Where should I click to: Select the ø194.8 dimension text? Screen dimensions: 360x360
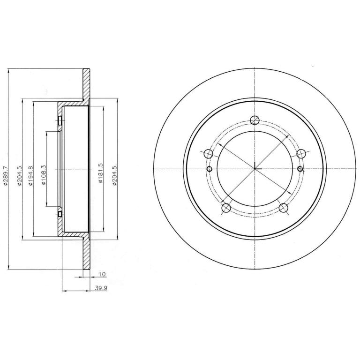pyautogui.click(x=30, y=176)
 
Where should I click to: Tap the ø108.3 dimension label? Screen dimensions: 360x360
pyautogui.click(x=44, y=175)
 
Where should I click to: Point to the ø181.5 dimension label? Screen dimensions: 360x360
pyautogui.click(x=100, y=173)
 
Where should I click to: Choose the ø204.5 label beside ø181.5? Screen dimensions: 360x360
pyautogui.click(x=114, y=175)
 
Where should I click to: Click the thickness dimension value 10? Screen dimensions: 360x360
pyautogui.click(x=102, y=274)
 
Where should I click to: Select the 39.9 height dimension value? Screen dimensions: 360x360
pyautogui.click(x=101, y=288)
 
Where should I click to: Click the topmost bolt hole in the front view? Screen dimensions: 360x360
pyautogui.click(x=255, y=120)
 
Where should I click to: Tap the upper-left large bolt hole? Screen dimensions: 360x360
pyautogui.click(x=209, y=153)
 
